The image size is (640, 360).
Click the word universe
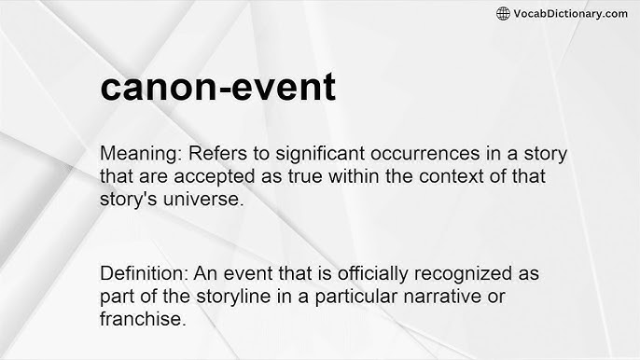coord(194,199)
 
